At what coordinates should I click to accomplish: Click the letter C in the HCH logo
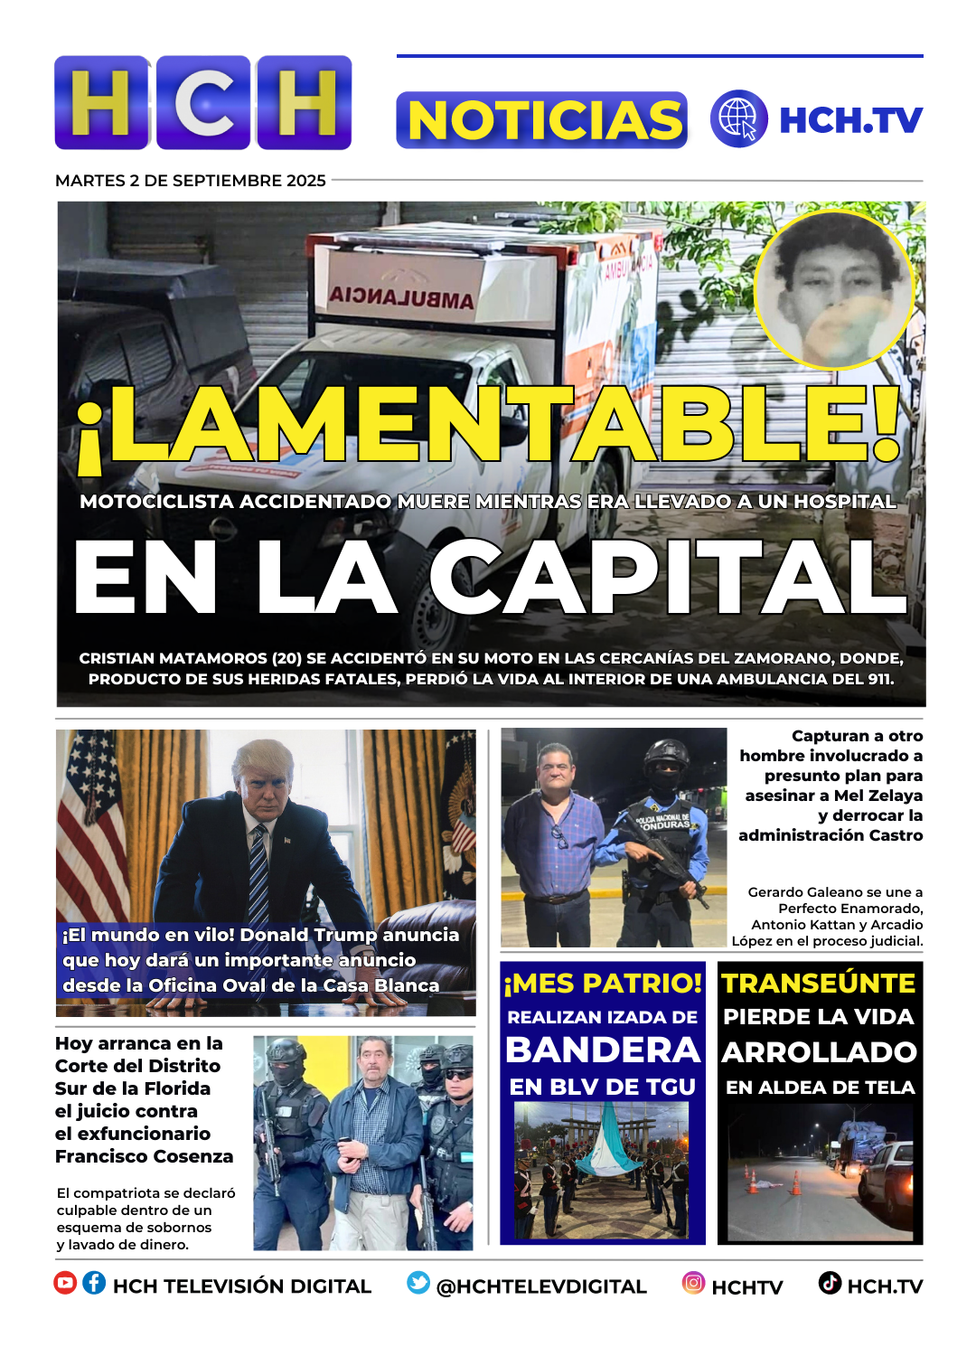point(204,102)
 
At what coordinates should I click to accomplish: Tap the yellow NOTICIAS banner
point(542,120)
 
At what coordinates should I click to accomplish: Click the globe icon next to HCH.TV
point(738,118)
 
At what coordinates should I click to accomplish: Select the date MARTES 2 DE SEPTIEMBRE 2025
point(191,181)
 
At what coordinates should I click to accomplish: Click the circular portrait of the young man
point(833,290)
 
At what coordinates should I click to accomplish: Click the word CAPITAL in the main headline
point(669,579)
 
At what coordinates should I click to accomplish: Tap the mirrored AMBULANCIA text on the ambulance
point(401,297)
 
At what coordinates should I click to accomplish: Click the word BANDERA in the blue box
point(603,1050)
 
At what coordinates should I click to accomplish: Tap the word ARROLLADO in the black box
point(820,1052)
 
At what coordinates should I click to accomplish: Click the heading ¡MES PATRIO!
point(603,984)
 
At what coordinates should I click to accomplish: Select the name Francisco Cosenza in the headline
point(145,1156)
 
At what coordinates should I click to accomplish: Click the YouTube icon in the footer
point(65,1283)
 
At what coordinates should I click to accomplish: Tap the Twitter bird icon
point(418,1283)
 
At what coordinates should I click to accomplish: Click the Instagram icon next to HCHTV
point(693,1283)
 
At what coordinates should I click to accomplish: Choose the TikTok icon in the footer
point(830,1283)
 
